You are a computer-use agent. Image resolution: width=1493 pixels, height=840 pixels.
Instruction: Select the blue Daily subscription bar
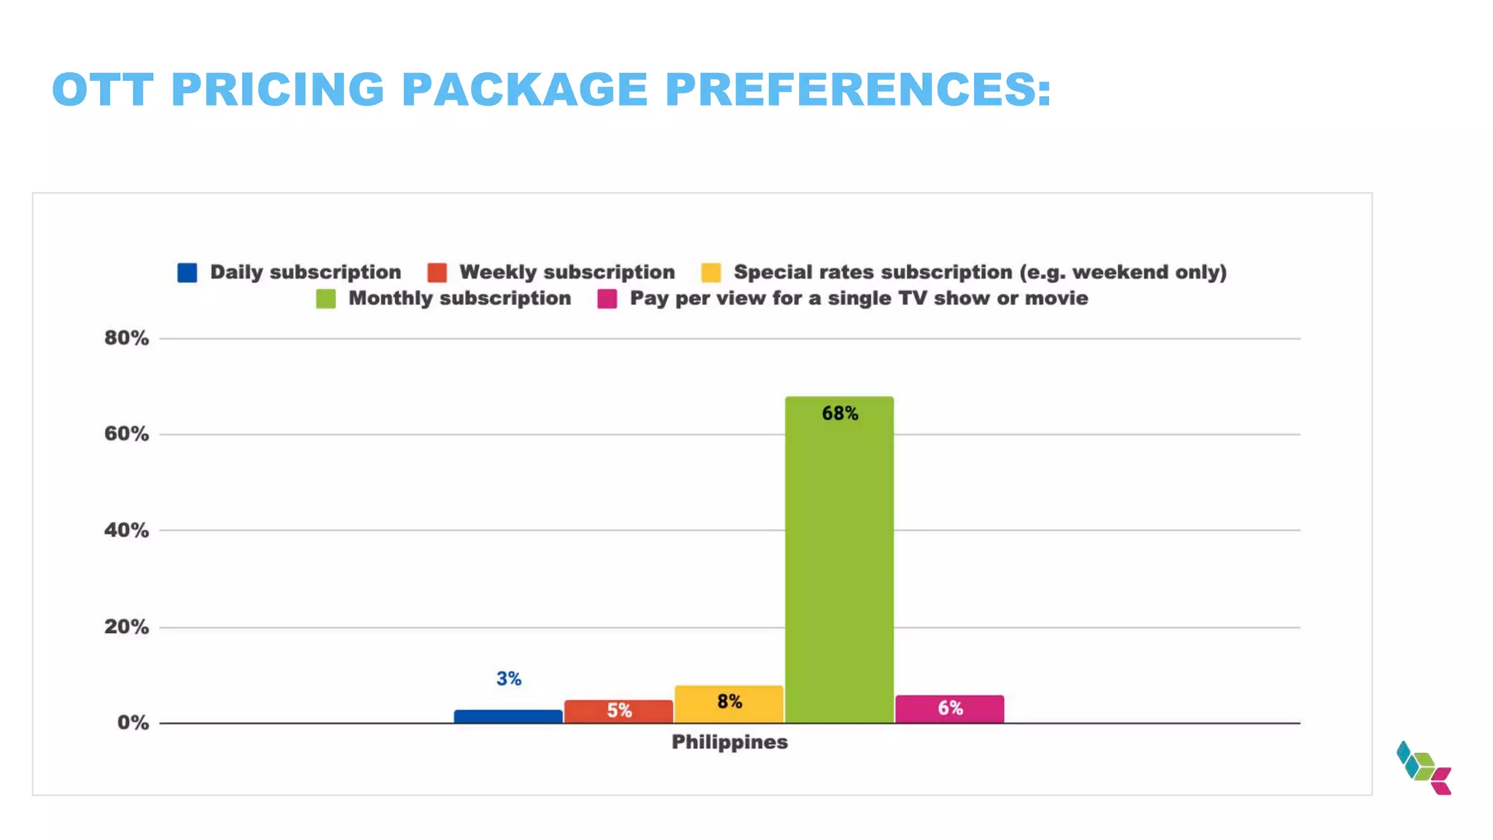pos(508,716)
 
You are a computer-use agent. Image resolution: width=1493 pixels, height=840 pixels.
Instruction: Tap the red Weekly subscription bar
pos(618,711)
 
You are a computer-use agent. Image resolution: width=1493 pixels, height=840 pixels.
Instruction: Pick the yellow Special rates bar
pos(729,704)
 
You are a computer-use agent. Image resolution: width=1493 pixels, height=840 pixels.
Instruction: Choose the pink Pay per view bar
pos(949,709)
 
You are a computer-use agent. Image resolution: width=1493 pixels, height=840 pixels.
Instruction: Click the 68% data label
pos(840,413)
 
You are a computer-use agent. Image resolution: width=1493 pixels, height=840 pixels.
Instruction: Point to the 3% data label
pos(509,679)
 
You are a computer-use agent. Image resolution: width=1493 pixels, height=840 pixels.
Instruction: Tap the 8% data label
pos(729,701)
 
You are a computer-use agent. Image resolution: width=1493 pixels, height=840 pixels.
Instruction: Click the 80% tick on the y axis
pos(126,338)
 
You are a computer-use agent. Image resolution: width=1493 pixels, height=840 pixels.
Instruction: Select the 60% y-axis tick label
pos(126,434)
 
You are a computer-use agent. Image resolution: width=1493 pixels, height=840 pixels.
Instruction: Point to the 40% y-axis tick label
pos(126,530)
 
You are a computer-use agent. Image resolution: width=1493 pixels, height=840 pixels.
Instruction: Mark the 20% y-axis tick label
pos(126,626)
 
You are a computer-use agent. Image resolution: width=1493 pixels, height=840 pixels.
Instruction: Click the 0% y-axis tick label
pos(133,723)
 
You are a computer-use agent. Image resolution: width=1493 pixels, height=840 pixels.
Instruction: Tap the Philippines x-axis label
pos(729,742)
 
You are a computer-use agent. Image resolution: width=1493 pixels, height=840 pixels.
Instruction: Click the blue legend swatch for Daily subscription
pos(187,273)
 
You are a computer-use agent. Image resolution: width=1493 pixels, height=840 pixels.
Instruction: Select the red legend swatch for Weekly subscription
pos(437,273)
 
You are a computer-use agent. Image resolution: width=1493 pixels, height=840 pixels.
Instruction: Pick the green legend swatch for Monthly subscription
pos(326,299)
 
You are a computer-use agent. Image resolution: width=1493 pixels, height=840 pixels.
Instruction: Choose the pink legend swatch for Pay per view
pos(607,299)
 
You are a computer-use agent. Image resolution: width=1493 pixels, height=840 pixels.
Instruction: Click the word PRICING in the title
pos(277,90)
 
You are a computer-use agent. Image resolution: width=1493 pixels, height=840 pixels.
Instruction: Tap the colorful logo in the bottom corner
pos(1424,768)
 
